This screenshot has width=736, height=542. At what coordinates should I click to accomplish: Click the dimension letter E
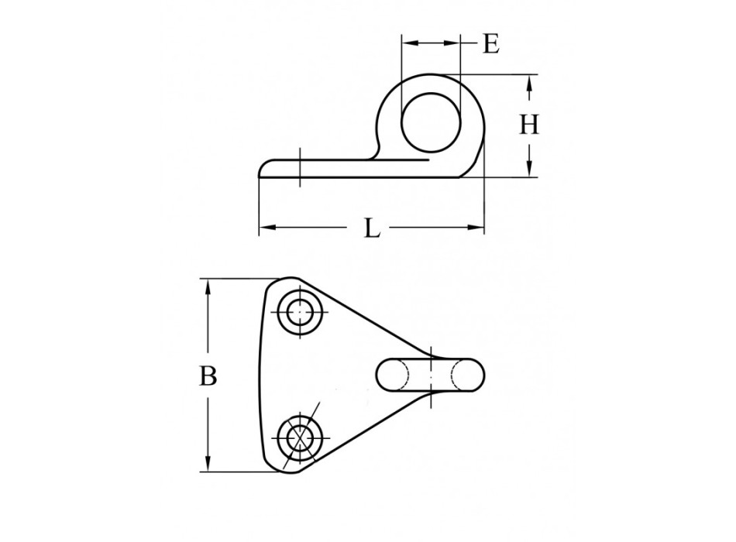pyautogui.click(x=490, y=43)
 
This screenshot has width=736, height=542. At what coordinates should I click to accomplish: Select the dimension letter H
pyautogui.click(x=528, y=125)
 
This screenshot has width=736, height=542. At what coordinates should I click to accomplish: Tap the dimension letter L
pyautogui.click(x=372, y=228)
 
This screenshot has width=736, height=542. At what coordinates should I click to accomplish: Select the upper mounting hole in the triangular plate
pyautogui.click(x=298, y=313)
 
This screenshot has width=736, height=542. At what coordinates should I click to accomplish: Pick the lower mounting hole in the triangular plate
pyautogui.click(x=298, y=437)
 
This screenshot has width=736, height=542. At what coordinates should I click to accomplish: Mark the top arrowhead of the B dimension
pyautogui.click(x=208, y=284)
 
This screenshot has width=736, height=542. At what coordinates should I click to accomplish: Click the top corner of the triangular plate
pyautogui.click(x=287, y=280)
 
